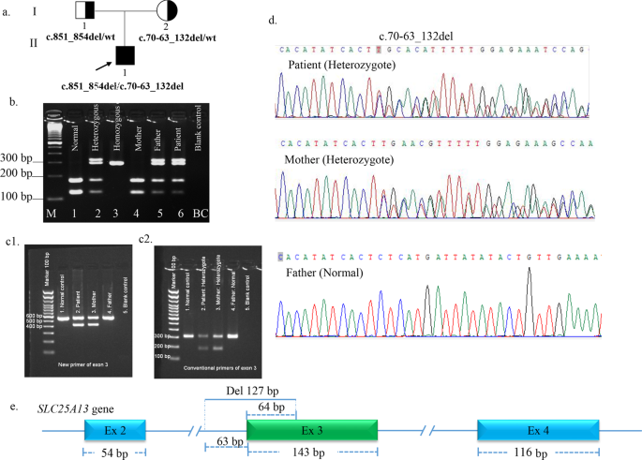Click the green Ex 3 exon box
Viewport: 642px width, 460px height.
tap(311, 430)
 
